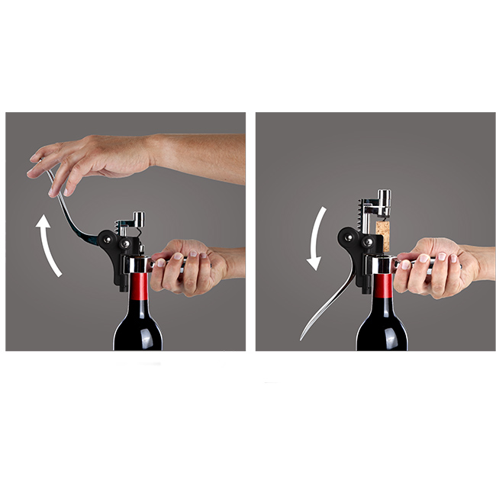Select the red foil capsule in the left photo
pos(138,288)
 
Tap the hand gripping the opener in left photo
pos(187,267)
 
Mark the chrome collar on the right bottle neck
pos(381,264)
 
